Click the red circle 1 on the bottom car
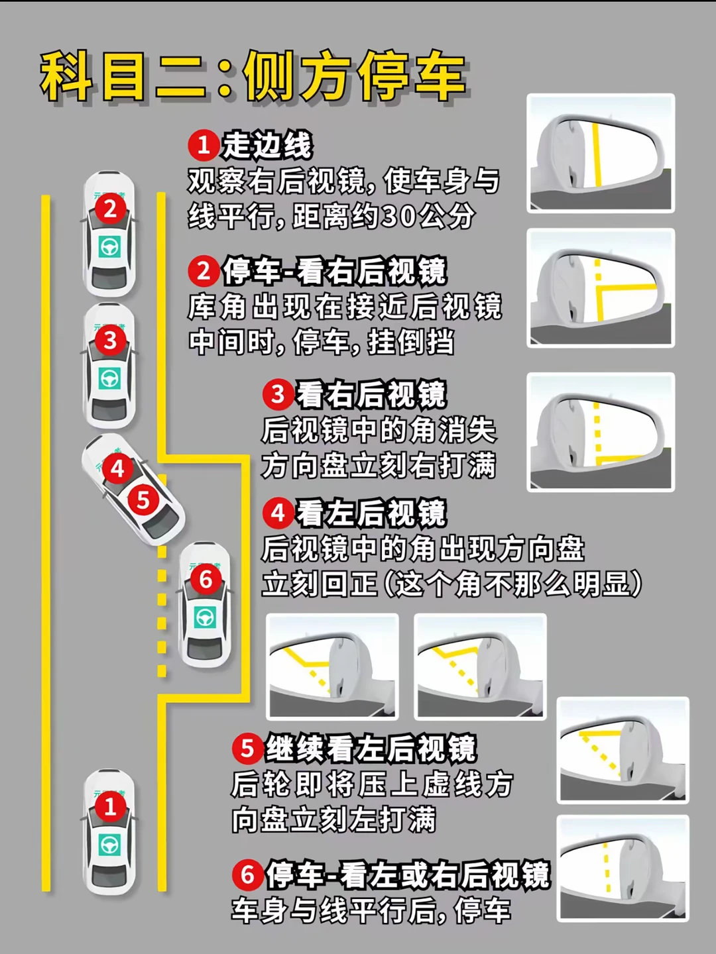point(109,807)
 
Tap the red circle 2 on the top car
point(110,209)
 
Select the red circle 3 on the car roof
point(110,341)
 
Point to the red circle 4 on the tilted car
point(117,468)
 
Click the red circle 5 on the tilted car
point(143,500)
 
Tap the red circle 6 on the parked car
point(206,579)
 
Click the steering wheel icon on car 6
point(206,617)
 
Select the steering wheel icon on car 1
point(109,845)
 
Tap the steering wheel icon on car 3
point(109,378)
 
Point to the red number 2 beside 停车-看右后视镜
point(204,271)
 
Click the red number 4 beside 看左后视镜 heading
point(278,513)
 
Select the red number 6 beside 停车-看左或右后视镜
point(248,874)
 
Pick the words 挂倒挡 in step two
point(411,343)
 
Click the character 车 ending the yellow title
point(438,78)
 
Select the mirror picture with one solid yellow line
point(601,153)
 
